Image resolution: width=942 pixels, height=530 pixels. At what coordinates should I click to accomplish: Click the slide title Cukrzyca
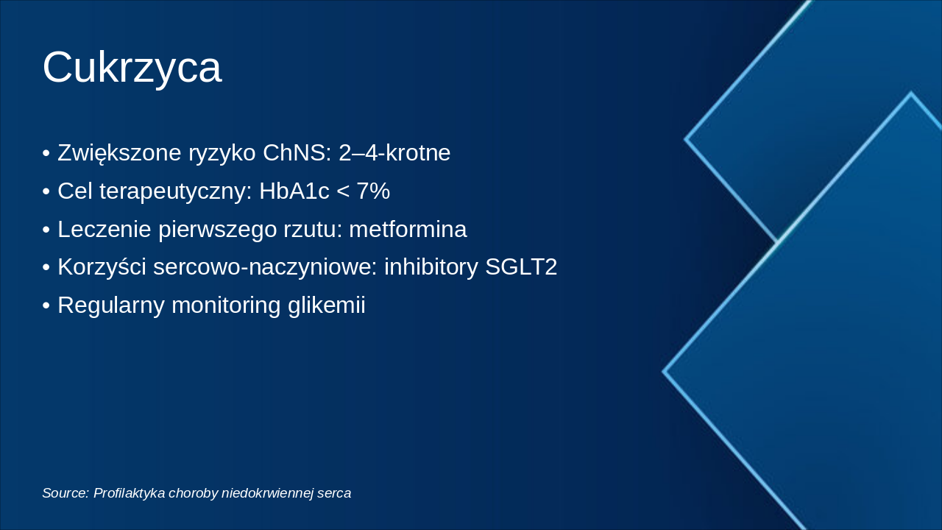[132, 68]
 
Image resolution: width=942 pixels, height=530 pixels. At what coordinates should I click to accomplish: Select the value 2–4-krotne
[394, 153]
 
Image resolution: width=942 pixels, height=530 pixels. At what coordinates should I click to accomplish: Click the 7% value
[372, 191]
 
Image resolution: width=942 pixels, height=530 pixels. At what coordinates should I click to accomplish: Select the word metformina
[408, 230]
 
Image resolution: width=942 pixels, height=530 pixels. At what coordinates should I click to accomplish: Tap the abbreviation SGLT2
[521, 267]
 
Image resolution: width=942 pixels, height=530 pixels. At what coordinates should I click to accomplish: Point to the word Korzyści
[102, 267]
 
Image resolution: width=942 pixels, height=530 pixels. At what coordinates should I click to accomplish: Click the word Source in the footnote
[64, 493]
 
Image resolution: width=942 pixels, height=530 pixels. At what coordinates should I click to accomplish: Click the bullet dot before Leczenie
[46, 230]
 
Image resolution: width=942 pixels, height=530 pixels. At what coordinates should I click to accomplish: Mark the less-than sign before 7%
[342, 192]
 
